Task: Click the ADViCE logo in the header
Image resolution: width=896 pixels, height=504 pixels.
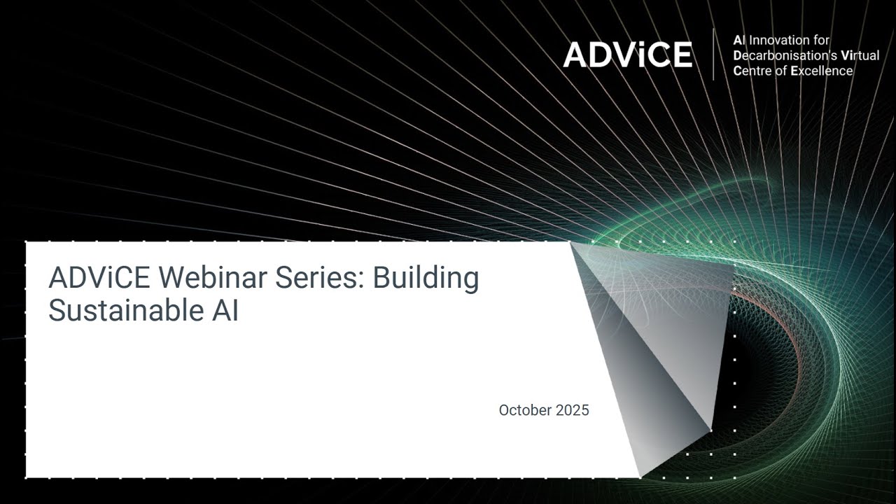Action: pos(627,55)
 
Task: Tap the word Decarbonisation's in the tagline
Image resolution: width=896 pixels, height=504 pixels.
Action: pos(784,55)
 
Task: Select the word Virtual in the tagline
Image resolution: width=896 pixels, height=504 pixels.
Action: pos(860,55)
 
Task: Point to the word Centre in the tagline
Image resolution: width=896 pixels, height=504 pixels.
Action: pos(751,71)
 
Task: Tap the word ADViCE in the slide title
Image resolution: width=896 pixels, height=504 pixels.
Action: pos(99,278)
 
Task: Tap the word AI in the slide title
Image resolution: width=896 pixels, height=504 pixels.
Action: pos(224,311)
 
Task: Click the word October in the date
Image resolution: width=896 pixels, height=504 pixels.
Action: pos(525,410)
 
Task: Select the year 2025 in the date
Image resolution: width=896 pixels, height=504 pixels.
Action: pos(573,410)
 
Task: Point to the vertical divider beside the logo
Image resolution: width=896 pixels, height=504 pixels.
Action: pos(713,55)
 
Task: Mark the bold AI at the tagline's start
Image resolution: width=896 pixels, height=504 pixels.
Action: pos(738,40)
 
